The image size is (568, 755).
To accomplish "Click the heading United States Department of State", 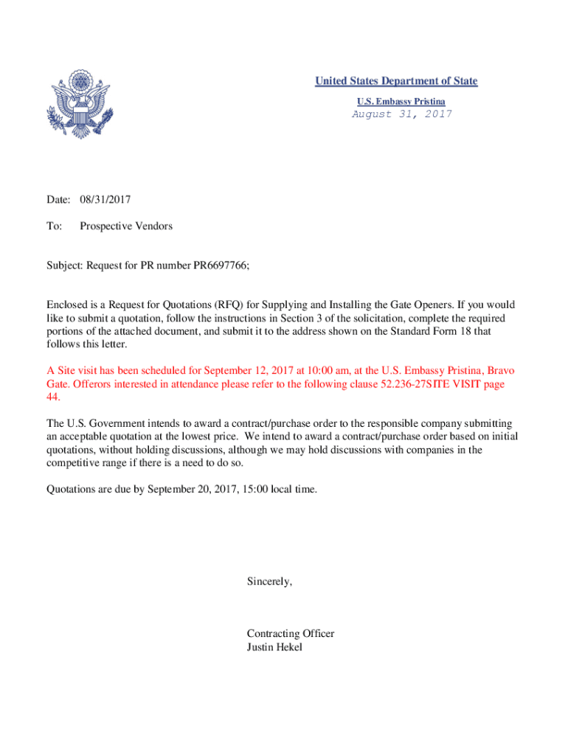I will tap(396, 81).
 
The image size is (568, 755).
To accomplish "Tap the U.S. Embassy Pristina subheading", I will tap(401, 100).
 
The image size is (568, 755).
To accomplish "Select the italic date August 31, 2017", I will tap(401, 114).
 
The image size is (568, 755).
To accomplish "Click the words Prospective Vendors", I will tap(126, 226).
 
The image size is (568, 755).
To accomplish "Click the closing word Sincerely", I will tap(269, 582).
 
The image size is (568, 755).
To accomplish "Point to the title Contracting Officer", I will tap(291, 634).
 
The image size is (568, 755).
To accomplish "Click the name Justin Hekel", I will tap(274, 647).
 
